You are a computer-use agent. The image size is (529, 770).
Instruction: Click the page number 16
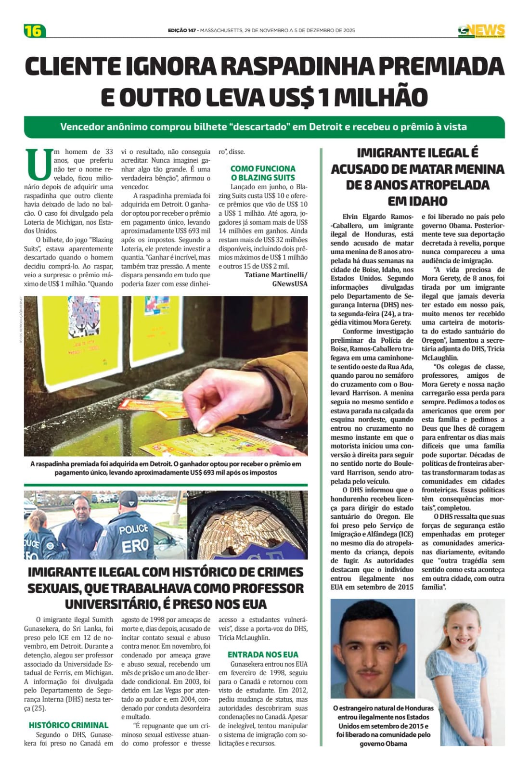(x=34, y=31)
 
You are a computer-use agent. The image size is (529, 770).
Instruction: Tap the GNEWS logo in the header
(x=481, y=31)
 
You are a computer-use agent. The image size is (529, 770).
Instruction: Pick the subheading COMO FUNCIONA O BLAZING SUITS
(x=263, y=173)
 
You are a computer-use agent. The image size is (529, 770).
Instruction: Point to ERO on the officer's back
(x=135, y=545)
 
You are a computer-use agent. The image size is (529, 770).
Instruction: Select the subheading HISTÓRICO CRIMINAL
(x=68, y=725)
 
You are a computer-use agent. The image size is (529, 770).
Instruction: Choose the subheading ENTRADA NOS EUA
(x=263, y=654)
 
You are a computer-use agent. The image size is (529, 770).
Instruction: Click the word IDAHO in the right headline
(x=417, y=201)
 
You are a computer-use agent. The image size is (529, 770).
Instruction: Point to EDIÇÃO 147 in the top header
(x=182, y=30)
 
